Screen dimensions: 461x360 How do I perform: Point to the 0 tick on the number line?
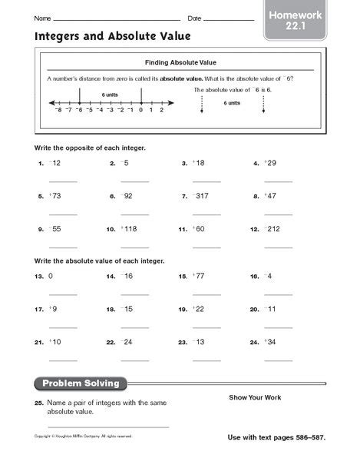[141, 110]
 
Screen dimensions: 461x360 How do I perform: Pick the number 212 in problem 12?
[275, 229]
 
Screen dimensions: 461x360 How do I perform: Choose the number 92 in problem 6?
[128, 197]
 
